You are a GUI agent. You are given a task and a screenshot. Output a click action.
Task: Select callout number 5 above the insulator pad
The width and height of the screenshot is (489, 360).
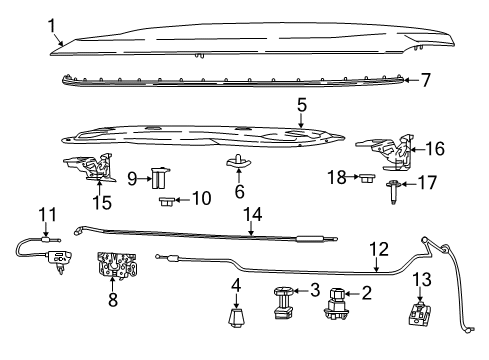(300, 104)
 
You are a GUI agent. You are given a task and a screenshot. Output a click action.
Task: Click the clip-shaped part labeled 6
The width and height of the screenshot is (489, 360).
(239, 162)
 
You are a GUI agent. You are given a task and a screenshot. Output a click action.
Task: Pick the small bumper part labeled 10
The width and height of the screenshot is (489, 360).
(167, 200)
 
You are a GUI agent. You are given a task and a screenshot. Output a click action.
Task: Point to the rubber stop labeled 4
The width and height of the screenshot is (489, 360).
(235, 320)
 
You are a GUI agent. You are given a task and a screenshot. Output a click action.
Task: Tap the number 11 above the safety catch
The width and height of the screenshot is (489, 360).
(43, 214)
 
